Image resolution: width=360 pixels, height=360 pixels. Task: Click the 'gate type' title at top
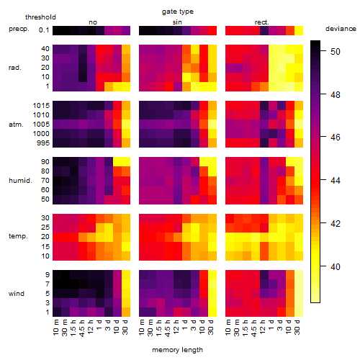178,12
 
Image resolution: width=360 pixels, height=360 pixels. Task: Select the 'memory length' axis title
177,350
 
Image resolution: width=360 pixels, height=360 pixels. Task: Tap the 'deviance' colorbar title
341,29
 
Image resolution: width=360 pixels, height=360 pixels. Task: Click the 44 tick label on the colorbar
336,180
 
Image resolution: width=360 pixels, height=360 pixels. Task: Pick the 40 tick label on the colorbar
336,266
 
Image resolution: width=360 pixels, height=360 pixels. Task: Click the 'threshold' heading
40,17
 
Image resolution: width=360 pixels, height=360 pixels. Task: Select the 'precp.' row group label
19,29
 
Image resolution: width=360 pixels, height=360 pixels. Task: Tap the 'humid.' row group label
20,181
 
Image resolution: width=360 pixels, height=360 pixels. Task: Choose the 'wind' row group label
17,294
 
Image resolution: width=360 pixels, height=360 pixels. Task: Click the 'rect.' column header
262,22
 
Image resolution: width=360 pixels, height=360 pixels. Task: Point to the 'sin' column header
177,22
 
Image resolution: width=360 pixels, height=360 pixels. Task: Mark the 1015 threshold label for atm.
41,106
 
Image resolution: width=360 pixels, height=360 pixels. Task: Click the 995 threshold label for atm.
43,143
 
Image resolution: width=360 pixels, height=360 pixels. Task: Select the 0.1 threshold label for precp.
44,30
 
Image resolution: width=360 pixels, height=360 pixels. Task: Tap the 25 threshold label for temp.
45,227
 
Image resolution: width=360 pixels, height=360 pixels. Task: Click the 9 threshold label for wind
48,274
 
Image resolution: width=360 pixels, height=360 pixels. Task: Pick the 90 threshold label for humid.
45,162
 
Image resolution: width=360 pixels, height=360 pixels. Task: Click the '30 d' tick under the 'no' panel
125,327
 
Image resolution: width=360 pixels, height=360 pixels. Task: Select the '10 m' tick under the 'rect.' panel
228,327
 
